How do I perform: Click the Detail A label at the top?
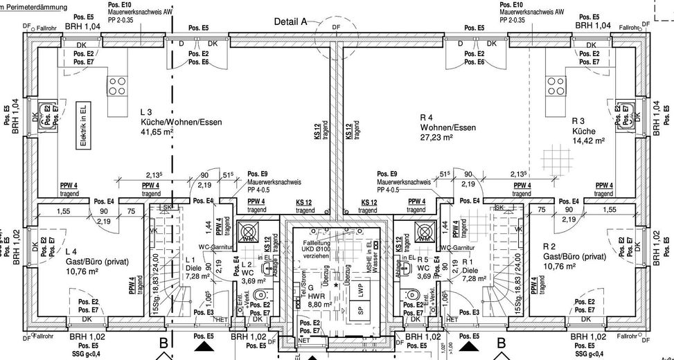290,21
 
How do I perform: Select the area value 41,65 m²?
157,131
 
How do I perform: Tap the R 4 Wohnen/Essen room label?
447,123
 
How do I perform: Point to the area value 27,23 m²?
436,138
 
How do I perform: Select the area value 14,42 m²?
589,140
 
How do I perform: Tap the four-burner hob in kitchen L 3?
116,86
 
